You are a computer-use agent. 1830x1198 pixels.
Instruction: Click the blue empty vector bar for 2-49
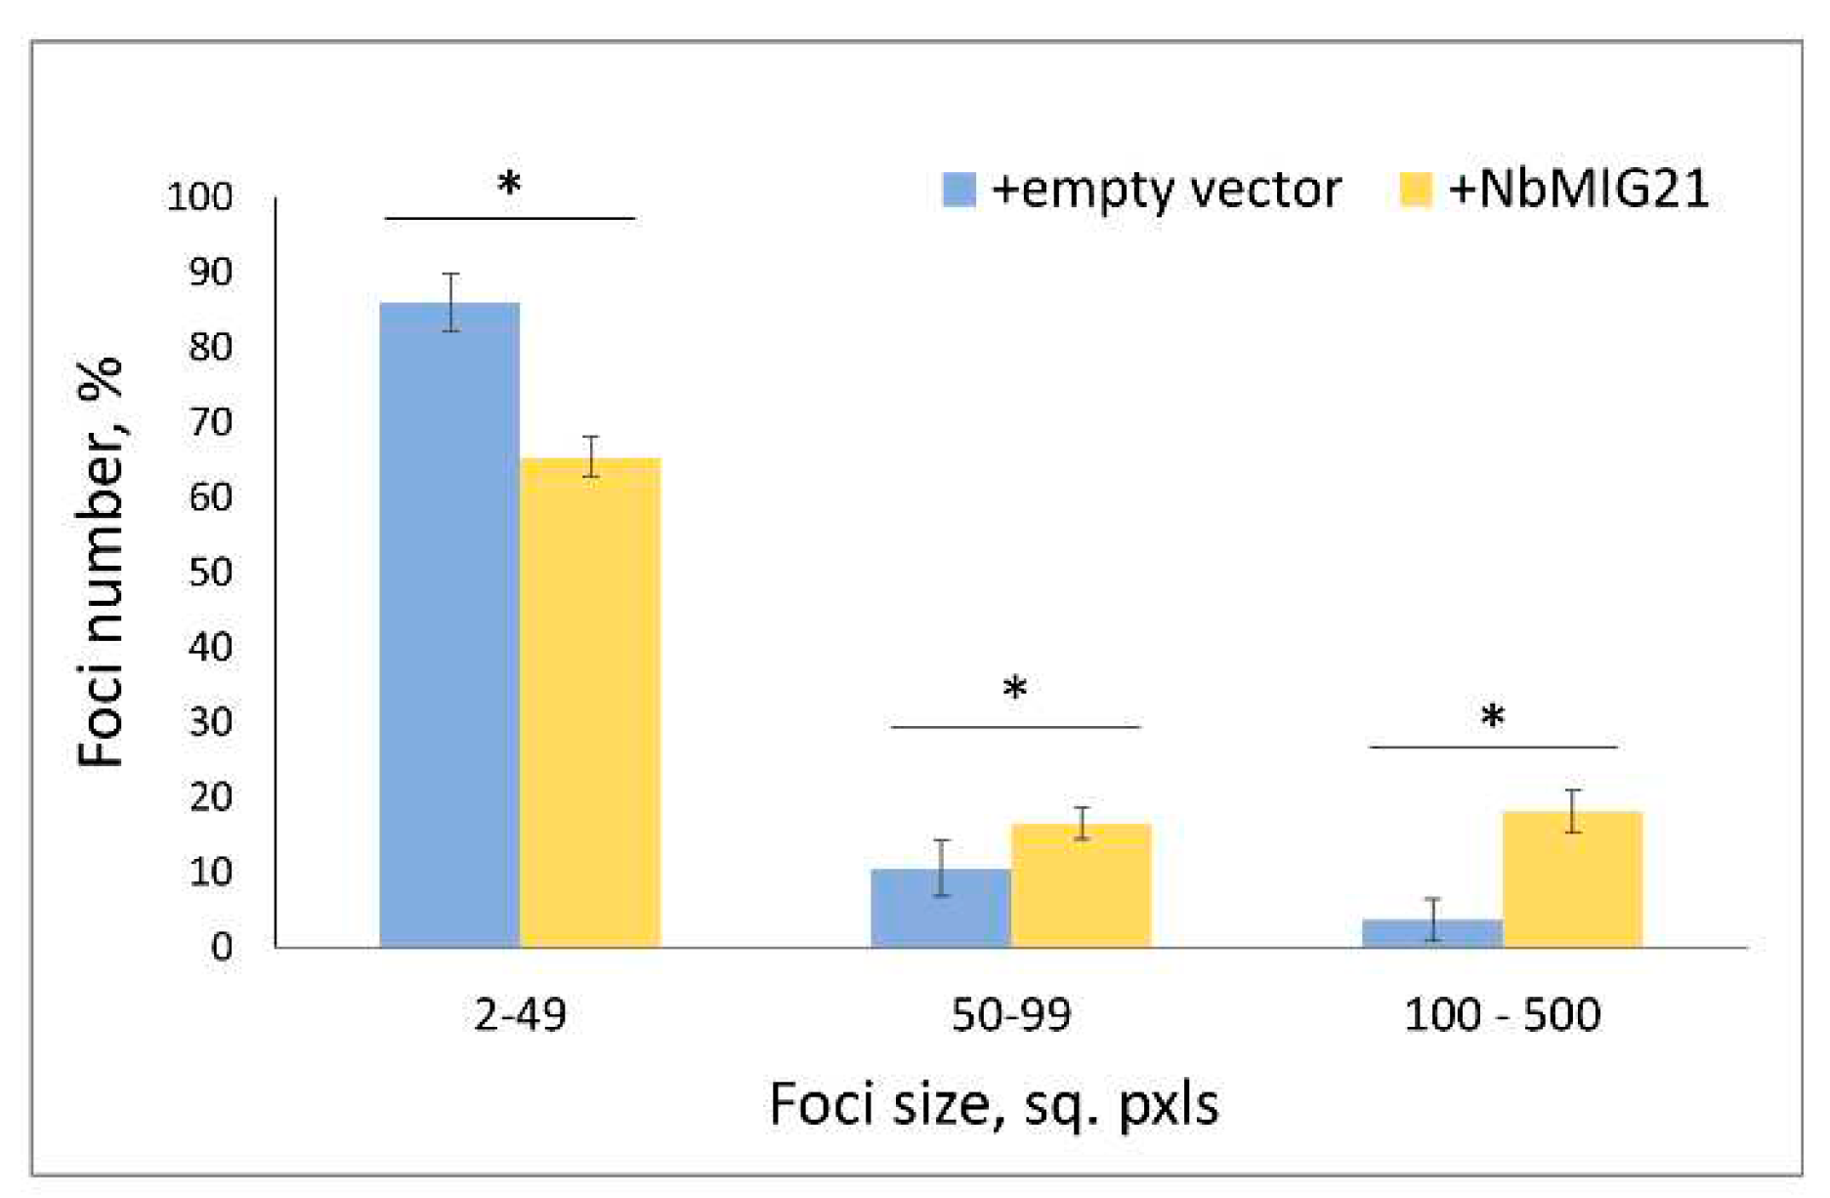[x=449, y=625]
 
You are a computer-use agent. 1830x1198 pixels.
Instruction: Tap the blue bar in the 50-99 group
[x=940, y=908]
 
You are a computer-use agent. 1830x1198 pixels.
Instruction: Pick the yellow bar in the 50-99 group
[x=1081, y=885]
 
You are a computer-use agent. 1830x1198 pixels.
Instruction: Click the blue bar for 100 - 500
[x=1431, y=933]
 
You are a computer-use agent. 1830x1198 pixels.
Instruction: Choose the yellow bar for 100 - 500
[x=1572, y=878]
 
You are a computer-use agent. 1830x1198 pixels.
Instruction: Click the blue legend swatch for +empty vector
[x=958, y=190]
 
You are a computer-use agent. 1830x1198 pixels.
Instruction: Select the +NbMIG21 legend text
[x=1578, y=189]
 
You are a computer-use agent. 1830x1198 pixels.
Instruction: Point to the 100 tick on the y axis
[x=200, y=197]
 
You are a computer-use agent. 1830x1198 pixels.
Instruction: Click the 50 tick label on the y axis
[x=210, y=572]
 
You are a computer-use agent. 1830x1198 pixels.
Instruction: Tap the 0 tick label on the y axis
[x=222, y=946]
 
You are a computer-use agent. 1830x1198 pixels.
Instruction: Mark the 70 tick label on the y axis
[x=210, y=422]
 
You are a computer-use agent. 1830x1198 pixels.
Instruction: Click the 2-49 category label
[x=520, y=1015]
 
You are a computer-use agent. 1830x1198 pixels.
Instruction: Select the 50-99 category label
[x=1010, y=1015]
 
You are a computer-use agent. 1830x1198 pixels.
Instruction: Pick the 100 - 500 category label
[x=1502, y=1015]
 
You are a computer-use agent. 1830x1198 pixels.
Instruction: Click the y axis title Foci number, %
[x=102, y=562]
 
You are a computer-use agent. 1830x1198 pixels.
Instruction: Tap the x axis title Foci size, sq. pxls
[x=994, y=1105]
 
